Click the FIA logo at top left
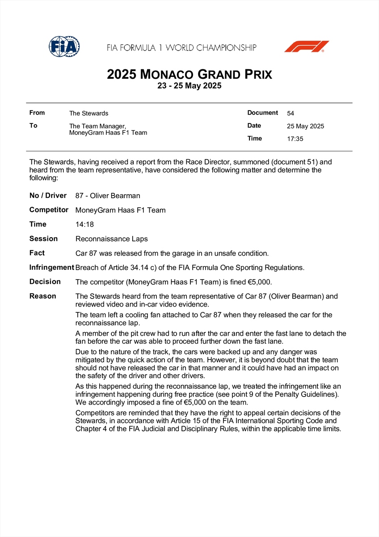tap(64, 47)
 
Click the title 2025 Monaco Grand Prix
tap(189, 74)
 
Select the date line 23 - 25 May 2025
tap(189, 86)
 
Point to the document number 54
tap(291, 114)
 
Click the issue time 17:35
tap(295, 139)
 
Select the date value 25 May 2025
tap(305, 126)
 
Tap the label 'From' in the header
tap(37, 113)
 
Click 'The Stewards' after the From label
tap(88, 114)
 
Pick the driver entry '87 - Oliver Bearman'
tap(108, 196)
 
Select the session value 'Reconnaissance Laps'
tap(111, 239)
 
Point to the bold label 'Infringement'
tap(51, 267)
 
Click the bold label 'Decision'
tap(45, 281)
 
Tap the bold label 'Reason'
tap(43, 296)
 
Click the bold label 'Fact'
tap(37, 253)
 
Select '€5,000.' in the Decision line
tap(260, 282)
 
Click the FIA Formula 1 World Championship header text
tap(181, 47)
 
